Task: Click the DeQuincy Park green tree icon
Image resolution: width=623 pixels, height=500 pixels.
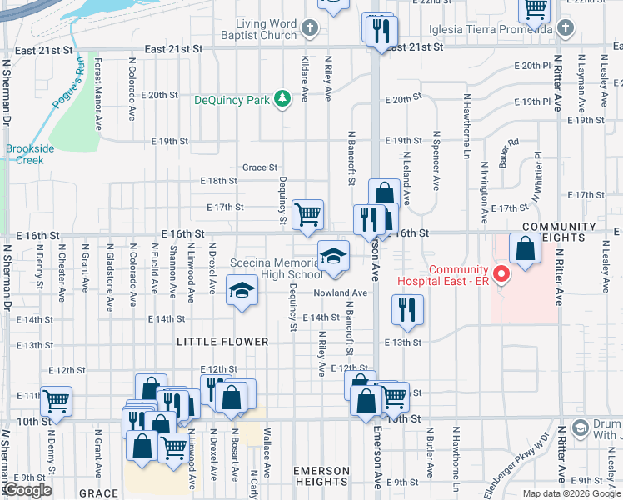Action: coord(283,100)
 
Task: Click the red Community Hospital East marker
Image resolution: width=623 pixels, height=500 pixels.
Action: coord(501,272)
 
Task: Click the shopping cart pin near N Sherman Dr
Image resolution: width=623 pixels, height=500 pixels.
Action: coord(56,401)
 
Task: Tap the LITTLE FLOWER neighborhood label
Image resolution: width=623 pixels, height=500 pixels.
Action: coord(222,342)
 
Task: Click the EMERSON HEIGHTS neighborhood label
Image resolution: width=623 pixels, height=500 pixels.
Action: coord(321,476)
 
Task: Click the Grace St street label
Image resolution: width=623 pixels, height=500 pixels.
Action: coord(259,167)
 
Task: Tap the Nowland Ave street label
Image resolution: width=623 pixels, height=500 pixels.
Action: coord(340,292)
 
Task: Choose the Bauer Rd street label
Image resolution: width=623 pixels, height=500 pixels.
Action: coord(508,152)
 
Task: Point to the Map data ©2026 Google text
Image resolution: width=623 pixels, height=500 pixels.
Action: coord(571,493)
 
